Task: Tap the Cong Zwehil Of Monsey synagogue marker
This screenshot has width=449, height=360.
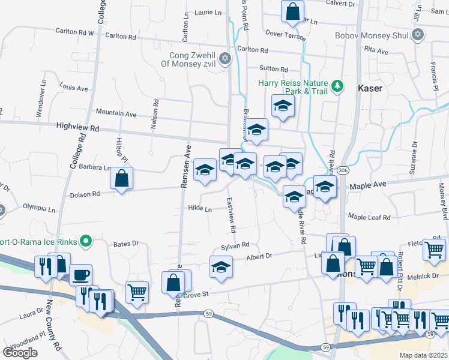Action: point(225,58)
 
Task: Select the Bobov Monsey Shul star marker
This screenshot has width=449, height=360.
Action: point(418,36)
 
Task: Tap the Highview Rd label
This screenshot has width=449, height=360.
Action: point(77,128)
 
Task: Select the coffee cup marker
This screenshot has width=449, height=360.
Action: point(81,275)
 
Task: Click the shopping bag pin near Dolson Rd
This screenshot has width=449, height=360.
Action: point(121,178)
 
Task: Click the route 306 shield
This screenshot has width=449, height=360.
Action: point(342,171)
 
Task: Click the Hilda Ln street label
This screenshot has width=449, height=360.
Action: point(200,209)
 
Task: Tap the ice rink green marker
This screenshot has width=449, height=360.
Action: point(85,242)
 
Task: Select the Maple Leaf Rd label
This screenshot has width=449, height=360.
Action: point(369,217)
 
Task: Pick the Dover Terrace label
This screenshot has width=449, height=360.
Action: point(285,36)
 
